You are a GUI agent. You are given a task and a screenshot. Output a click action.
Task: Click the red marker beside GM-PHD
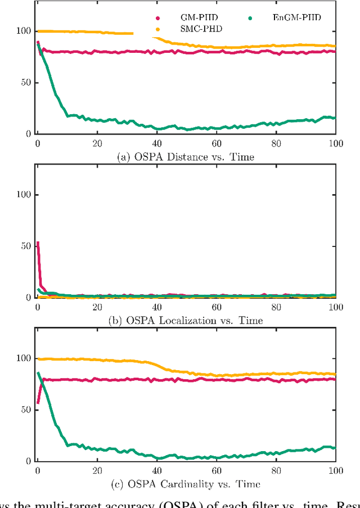click(157, 19)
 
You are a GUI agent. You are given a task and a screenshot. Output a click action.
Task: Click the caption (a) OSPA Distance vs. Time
click(185, 157)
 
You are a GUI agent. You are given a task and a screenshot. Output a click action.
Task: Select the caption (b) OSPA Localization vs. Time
click(185, 320)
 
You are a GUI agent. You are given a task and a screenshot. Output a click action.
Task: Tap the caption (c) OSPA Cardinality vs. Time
click(185, 484)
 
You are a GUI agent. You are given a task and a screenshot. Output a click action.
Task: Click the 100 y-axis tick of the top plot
click(24, 31)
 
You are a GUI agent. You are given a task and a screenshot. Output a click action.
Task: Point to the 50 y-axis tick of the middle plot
click(26, 246)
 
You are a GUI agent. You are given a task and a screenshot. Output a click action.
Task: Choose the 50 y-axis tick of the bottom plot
click(26, 410)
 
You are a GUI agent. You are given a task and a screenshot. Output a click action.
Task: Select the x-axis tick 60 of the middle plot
click(217, 307)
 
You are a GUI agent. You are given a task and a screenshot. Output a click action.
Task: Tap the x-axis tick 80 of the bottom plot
click(276, 470)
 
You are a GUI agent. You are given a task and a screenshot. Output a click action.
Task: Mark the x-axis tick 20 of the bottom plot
click(97, 470)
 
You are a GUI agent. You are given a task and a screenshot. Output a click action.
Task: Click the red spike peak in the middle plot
click(38, 243)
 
